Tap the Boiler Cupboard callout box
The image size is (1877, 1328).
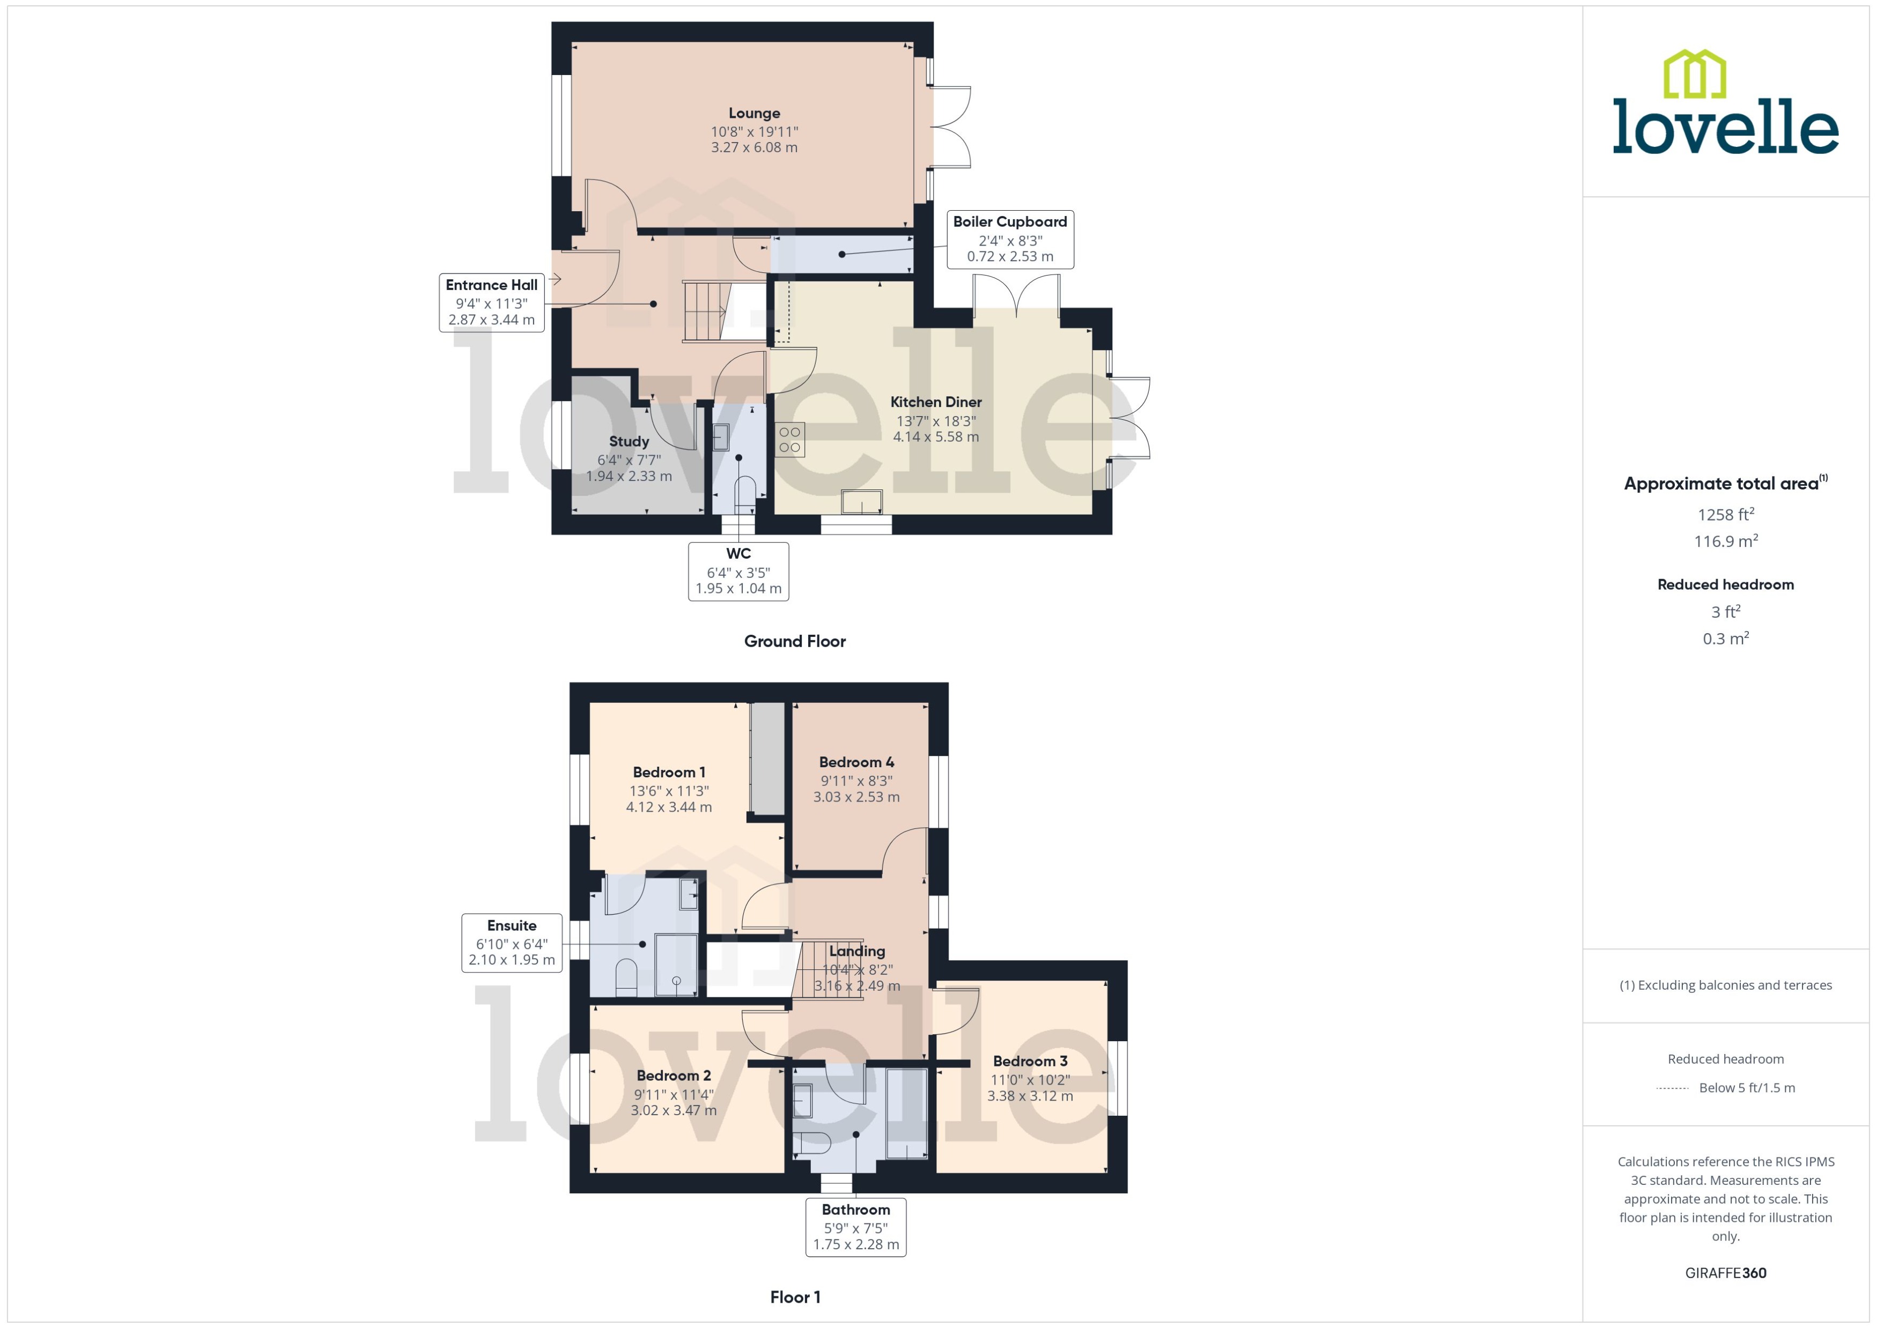pos(1009,239)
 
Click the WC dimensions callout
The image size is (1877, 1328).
pos(738,572)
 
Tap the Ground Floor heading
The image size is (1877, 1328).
pos(794,641)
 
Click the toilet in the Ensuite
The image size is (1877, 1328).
pos(626,977)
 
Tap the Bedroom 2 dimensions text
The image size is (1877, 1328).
pos(673,1102)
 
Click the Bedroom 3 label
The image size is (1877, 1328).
pos(1030,1060)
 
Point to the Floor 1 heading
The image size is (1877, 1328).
pos(794,1297)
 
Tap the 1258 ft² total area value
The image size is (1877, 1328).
pos(1725,514)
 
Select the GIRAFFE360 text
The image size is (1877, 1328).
pos(1725,1273)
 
